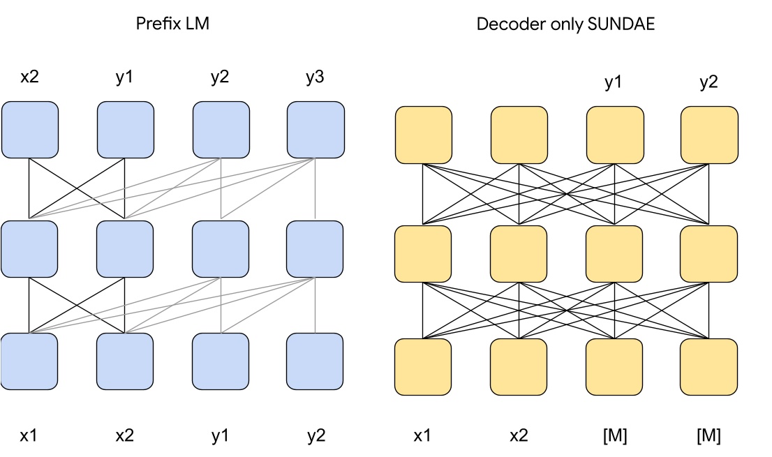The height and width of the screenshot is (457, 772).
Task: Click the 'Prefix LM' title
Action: [172, 24]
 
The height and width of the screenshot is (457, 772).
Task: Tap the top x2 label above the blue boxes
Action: [29, 78]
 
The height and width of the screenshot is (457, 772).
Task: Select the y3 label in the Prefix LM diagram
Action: [315, 78]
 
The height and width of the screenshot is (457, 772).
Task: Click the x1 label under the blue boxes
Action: [29, 436]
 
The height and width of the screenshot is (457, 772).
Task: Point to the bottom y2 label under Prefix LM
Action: [315, 436]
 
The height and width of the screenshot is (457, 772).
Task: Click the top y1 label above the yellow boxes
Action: [614, 83]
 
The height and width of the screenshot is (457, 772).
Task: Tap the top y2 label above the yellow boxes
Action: [708, 83]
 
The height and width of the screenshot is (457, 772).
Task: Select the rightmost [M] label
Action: [708, 436]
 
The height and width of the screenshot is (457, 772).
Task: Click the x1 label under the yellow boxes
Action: [423, 436]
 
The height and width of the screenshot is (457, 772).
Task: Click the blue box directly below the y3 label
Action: [316, 130]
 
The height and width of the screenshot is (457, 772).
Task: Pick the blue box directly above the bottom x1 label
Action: [29, 361]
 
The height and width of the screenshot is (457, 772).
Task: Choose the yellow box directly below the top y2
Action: [708, 135]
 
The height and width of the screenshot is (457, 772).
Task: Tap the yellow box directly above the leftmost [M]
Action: [614, 366]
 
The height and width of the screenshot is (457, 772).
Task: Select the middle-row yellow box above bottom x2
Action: [519, 253]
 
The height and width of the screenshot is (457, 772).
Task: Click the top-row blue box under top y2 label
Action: [221, 130]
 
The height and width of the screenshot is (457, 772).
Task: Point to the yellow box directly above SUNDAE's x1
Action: [423, 366]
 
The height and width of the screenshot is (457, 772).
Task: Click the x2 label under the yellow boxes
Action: [519, 436]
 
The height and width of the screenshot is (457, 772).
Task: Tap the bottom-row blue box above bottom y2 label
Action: [316, 361]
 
